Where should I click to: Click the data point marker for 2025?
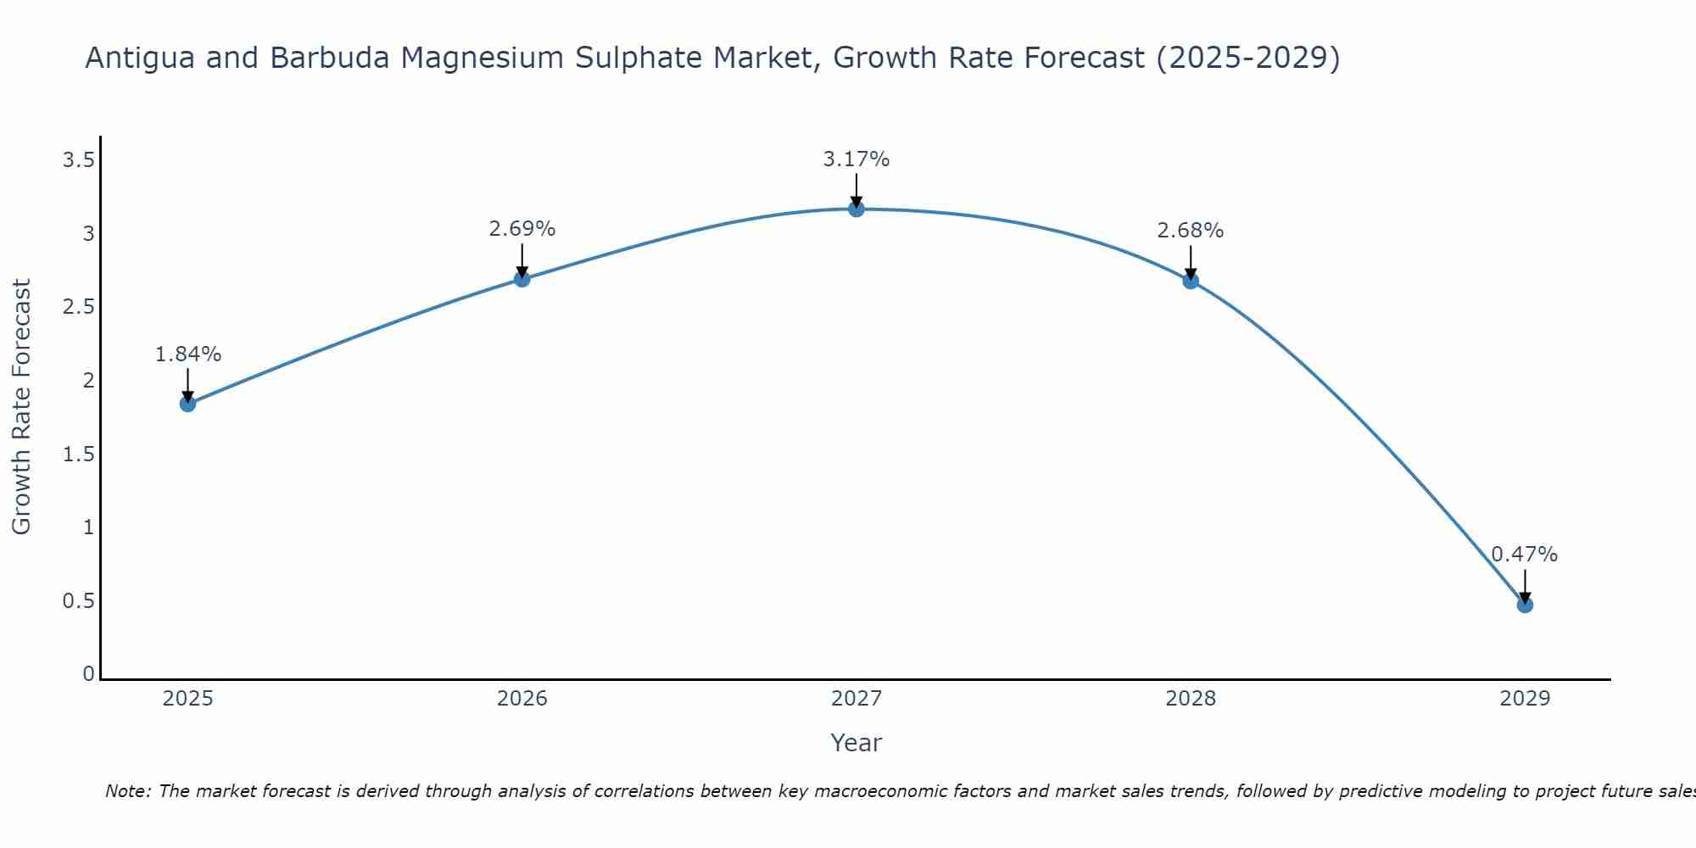click(188, 404)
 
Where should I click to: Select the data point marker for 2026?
click(522, 279)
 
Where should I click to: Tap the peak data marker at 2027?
click(856, 209)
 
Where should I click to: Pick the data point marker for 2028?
click(1191, 281)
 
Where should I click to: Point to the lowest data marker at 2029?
click(1525, 605)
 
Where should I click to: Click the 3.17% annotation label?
click(856, 159)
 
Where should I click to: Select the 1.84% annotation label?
click(188, 354)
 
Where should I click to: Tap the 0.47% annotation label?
click(1525, 555)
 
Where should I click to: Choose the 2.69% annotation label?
click(522, 229)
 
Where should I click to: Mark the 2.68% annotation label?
click(1191, 231)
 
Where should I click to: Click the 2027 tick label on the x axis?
click(856, 699)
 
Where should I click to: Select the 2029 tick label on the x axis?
click(1525, 699)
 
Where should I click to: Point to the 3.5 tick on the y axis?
click(79, 159)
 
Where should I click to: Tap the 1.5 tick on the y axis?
click(79, 455)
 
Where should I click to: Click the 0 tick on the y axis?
click(88, 674)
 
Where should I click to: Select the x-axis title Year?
click(856, 743)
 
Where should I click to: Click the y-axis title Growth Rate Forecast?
click(21, 407)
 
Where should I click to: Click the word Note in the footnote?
click(127, 791)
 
